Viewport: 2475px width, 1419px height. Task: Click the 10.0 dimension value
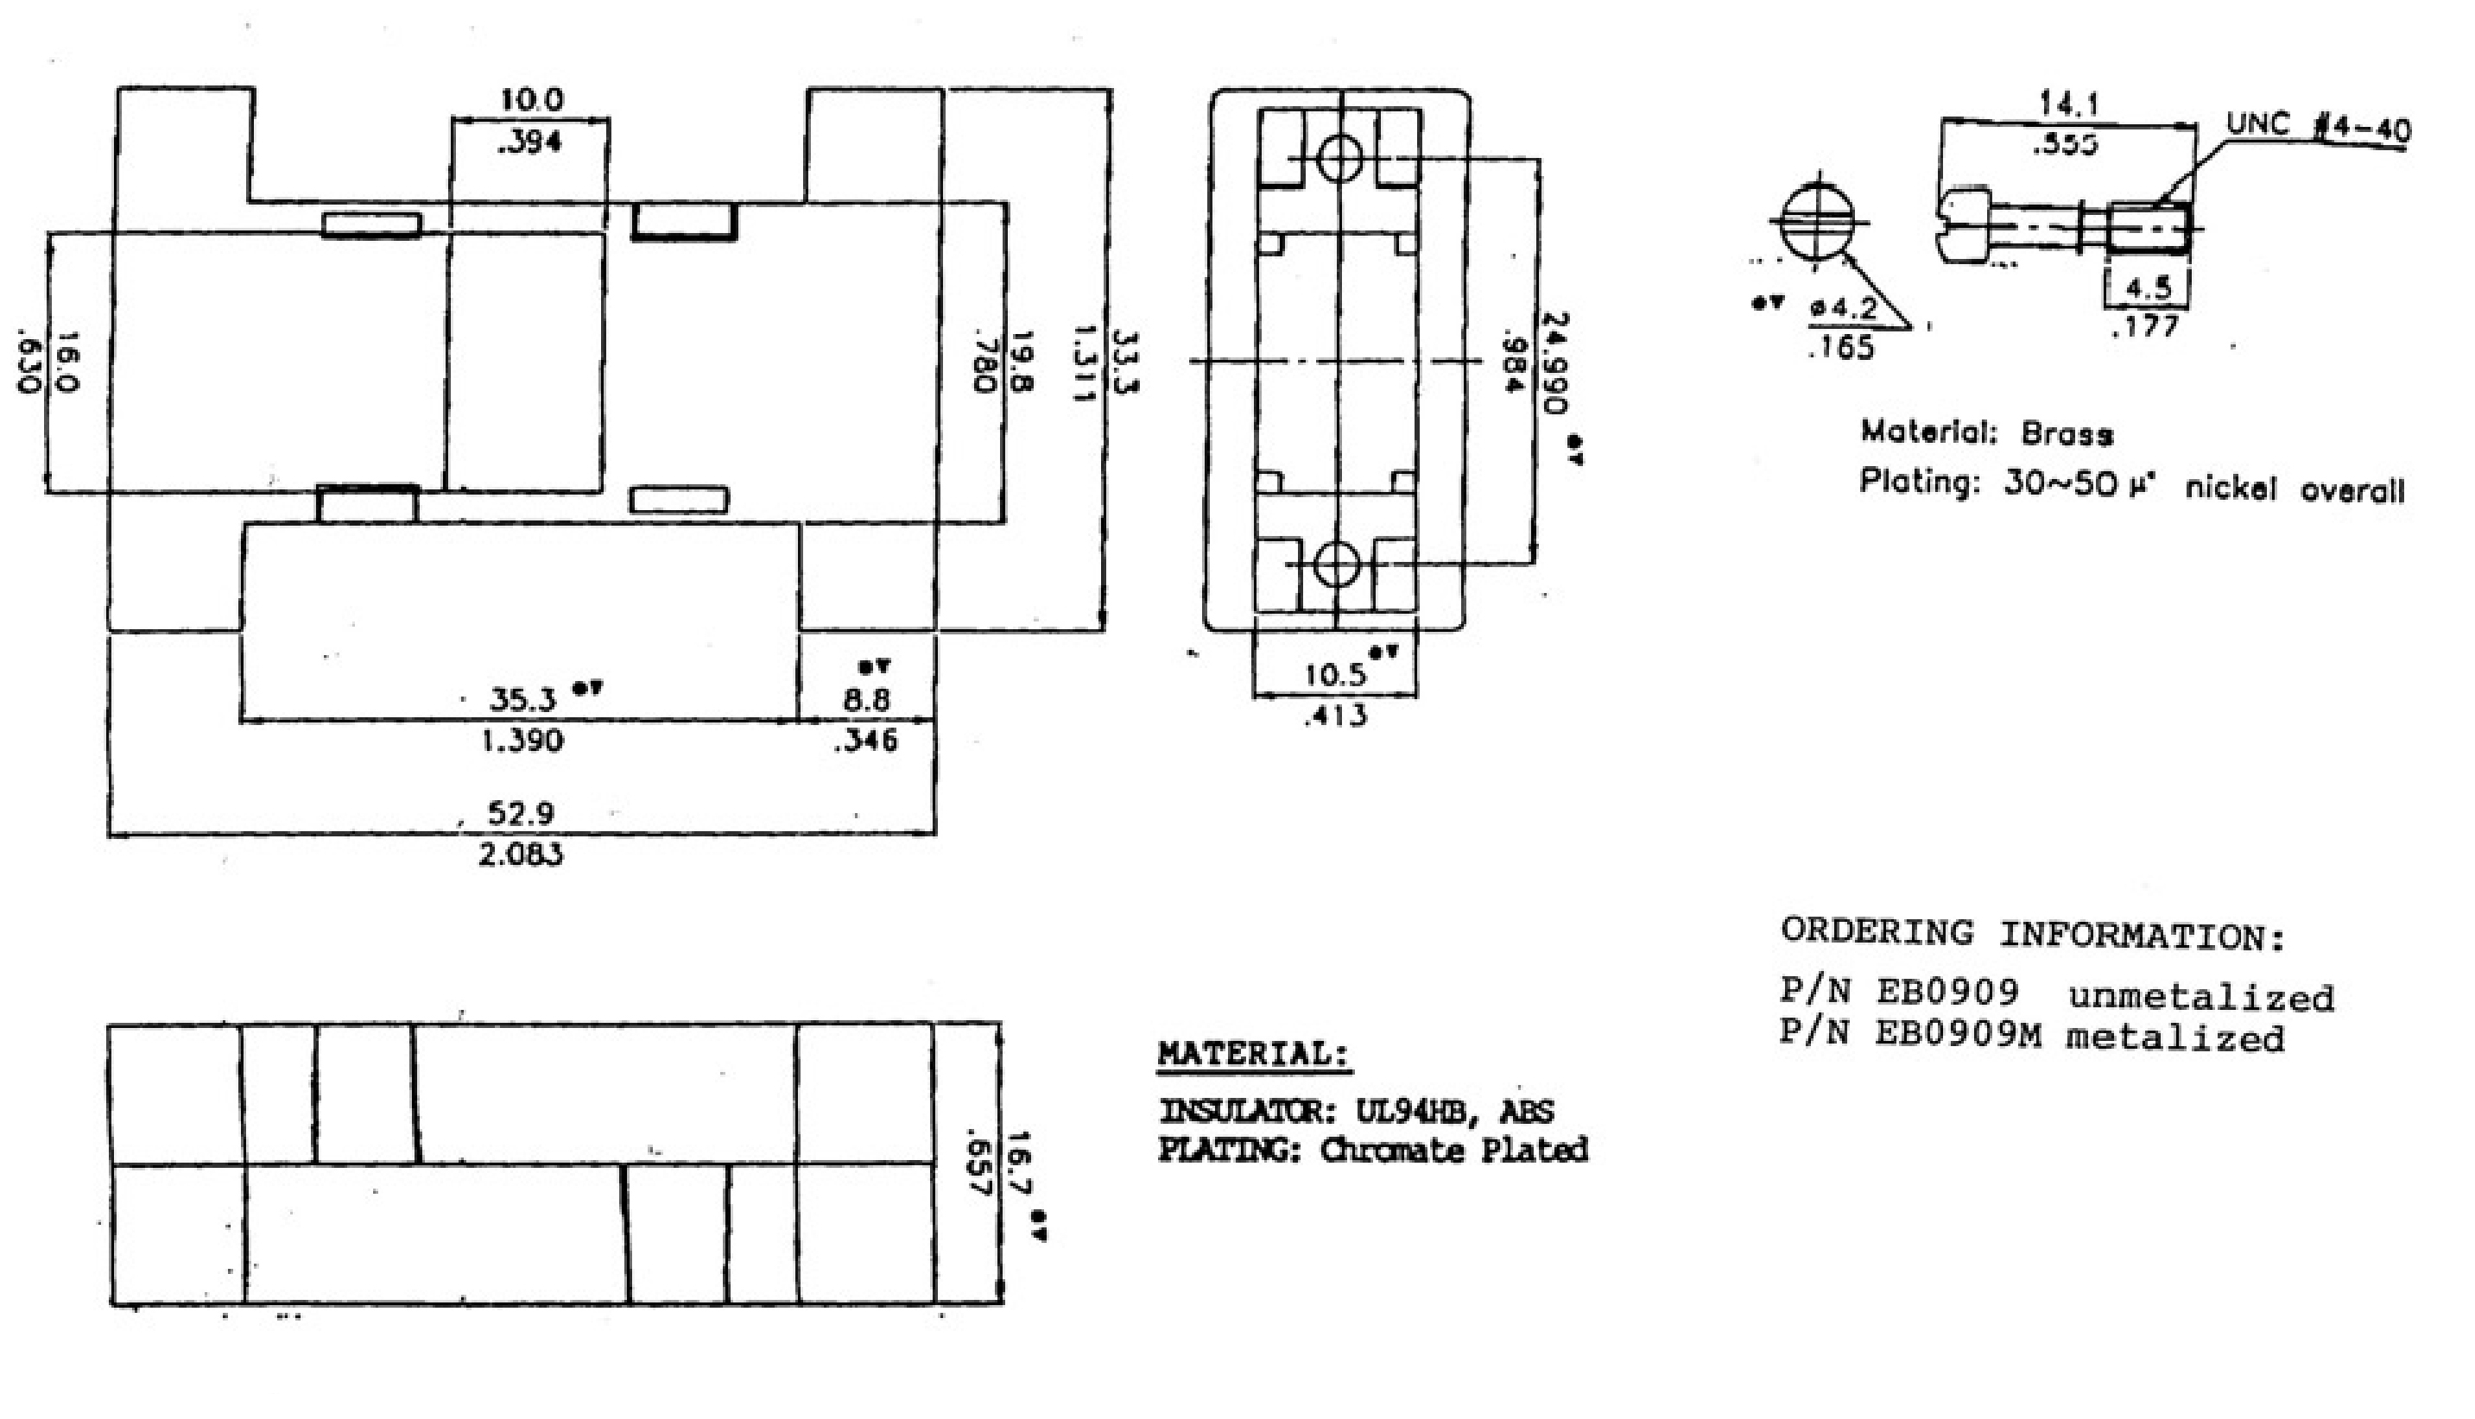click(531, 99)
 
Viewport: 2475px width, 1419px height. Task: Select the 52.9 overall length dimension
click(521, 813)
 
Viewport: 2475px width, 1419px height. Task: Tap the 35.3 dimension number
click(522, 699)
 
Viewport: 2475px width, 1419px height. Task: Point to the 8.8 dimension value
click(865, 700)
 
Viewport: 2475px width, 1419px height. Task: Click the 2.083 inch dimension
click(521, 855)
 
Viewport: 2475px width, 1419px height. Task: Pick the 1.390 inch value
click(522, 741)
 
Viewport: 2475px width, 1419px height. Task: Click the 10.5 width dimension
click(1335, 674)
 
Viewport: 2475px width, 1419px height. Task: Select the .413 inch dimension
click(1335, 716)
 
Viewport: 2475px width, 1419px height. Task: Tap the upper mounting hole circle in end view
click(1339, 158)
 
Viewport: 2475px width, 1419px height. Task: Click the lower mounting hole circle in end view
click(1337, 564)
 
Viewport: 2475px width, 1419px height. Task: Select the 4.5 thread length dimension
click(2149, 288)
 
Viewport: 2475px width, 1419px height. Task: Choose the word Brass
click(2067, 433)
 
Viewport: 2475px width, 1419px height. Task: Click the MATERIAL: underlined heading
click(1255, 1055)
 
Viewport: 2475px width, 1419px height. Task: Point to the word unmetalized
click(2201, 997)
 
